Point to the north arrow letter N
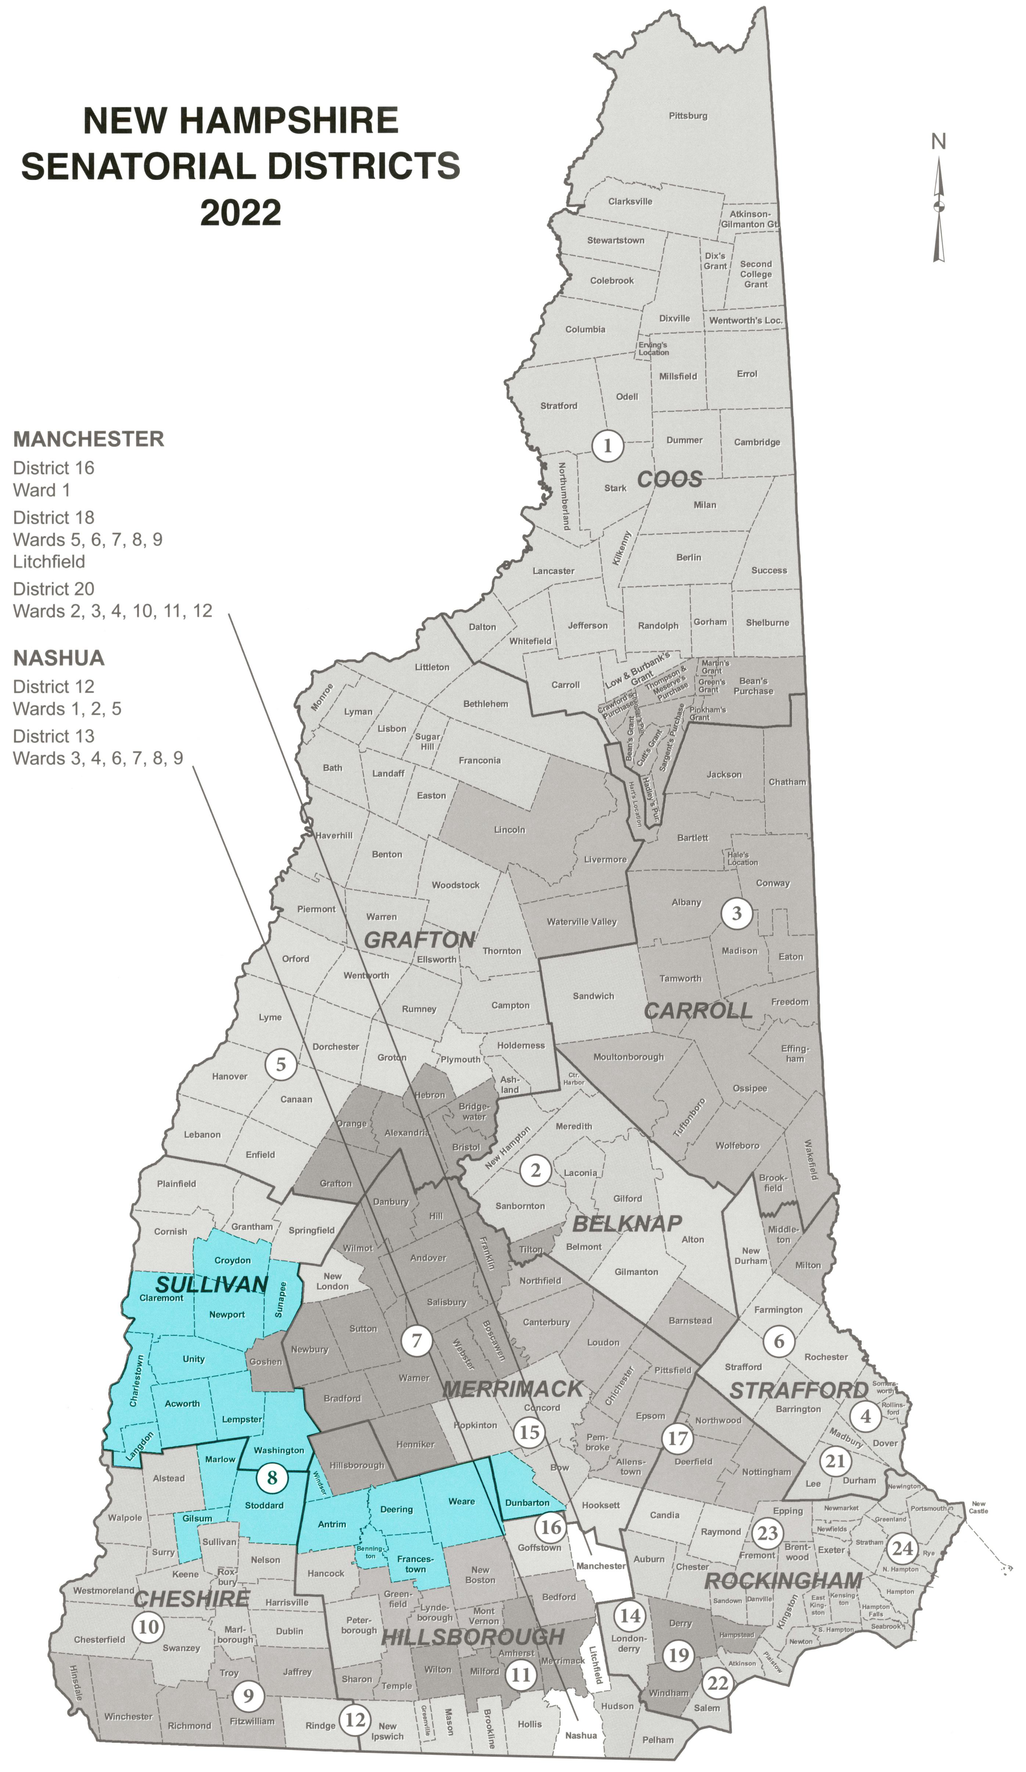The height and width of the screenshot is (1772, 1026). click(938, 142)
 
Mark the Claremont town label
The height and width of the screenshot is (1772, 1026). click(161, 1298)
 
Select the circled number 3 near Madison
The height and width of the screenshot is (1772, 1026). click(736, 913)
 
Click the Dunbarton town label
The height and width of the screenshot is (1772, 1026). click(527, 1503)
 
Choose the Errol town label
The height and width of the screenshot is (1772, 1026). click(747, 374)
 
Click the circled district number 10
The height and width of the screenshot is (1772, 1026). click(148, 1627)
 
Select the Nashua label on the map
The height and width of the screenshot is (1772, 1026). click(581, 1735)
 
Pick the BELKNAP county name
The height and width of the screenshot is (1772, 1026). click(627, 1224)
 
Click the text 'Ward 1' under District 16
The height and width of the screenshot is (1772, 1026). click(42, 490)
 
